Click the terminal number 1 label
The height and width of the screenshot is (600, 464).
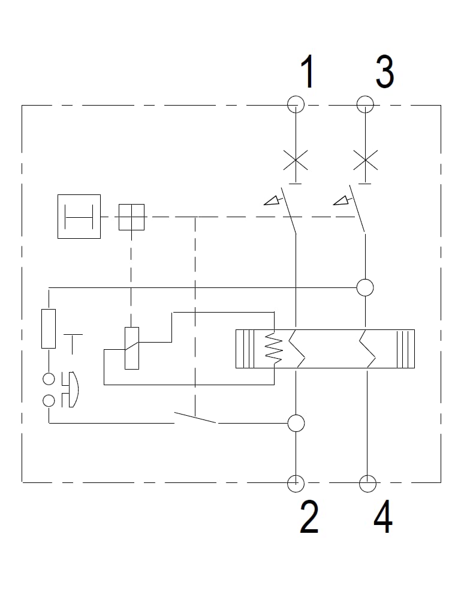tap(308, 71)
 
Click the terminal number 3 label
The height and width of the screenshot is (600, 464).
tap(384, 72)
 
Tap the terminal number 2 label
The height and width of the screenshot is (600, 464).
tap(309, 517)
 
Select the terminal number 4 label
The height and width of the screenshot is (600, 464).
tap(383, 517)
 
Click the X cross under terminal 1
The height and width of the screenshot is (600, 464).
tap(296, 160)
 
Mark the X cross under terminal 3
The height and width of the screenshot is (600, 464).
tap(366, 160)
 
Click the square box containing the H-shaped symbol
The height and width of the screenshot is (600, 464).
tap(58, 217)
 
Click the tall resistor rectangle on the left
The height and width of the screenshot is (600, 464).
tap(41, 329)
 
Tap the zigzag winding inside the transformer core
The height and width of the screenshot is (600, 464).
tap(274, 348)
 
